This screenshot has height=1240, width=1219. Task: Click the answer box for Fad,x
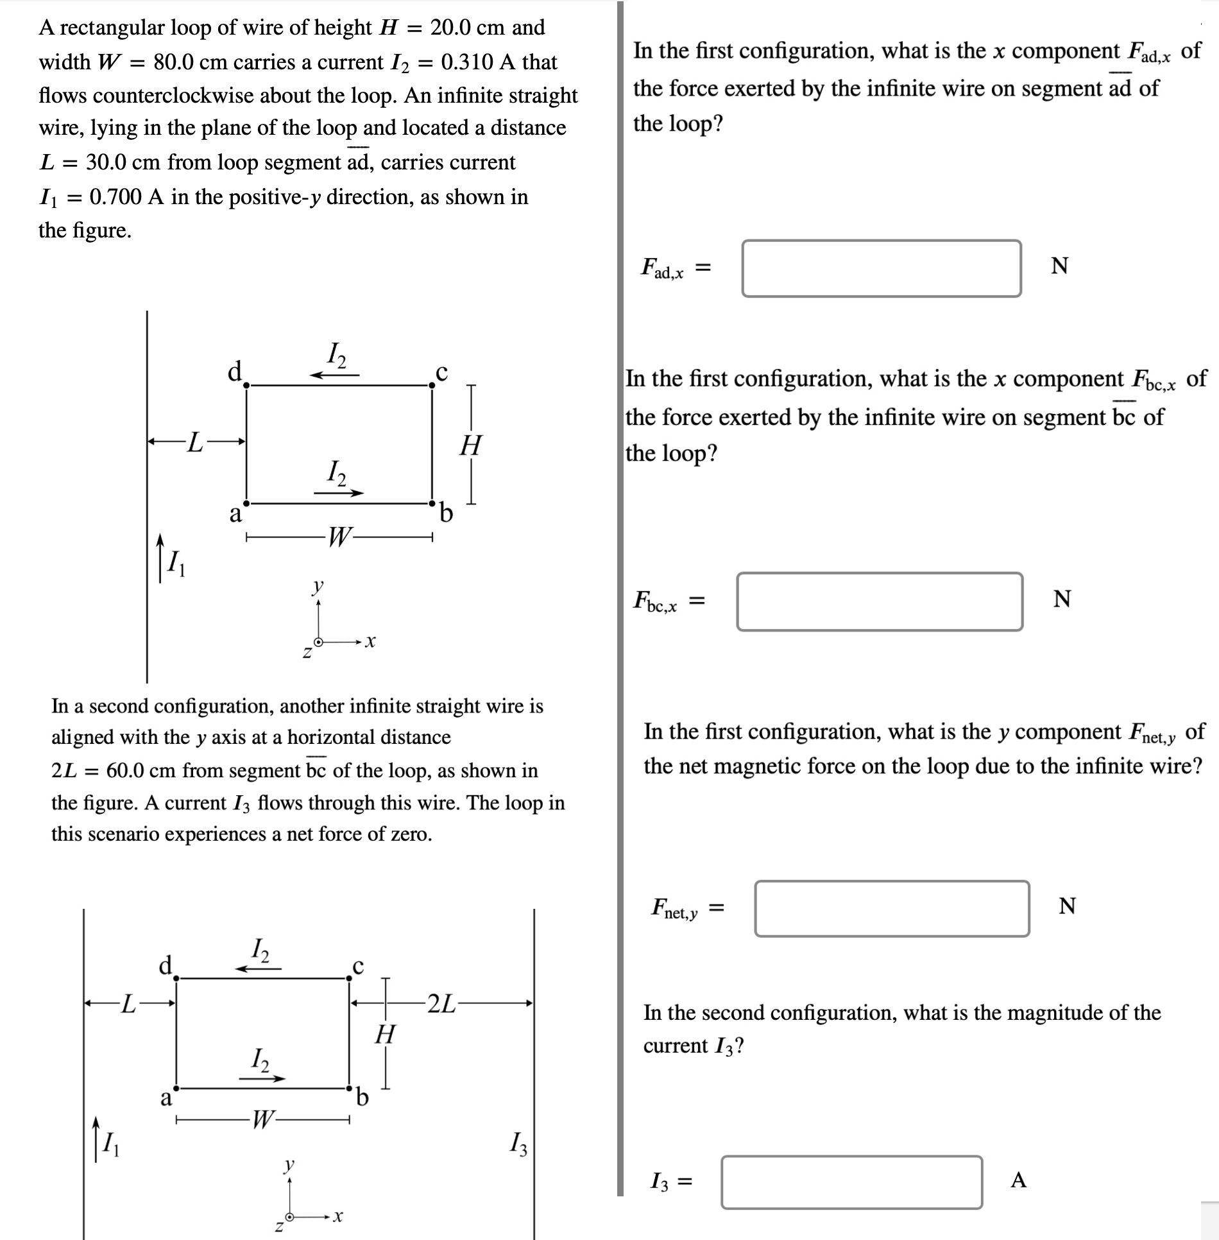881,268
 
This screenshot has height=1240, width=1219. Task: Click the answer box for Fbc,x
879,601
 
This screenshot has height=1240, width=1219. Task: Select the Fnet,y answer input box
891,908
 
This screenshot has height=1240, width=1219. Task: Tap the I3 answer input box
851,1182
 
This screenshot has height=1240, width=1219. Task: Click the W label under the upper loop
338,537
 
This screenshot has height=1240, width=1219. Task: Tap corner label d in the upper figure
235,371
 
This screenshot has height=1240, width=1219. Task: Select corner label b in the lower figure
362,1099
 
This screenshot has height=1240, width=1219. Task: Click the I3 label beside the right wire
518,1143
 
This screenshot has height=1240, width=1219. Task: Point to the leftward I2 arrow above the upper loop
334,375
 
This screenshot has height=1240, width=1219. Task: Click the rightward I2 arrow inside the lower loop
262,1079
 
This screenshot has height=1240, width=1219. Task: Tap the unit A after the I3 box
1018,1180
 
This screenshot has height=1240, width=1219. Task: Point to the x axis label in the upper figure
369,641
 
